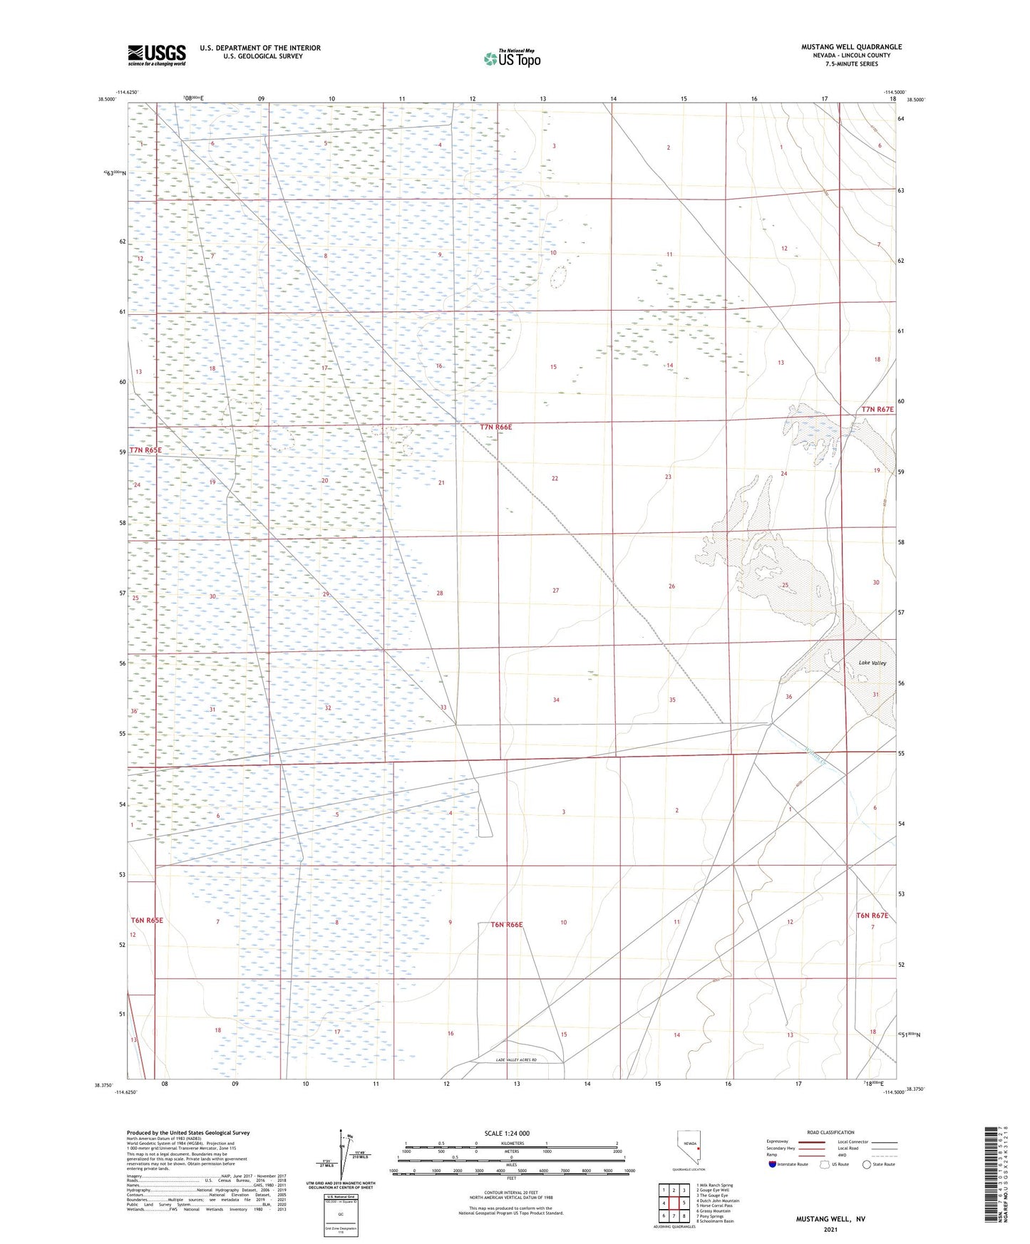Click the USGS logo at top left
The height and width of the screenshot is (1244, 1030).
[x=157, y=55]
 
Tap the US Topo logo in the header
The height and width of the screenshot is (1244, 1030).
[x=513, y=58]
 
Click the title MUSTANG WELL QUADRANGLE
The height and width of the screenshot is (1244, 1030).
[x=851, y=47]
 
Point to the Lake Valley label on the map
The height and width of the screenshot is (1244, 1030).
[x=872, y=663]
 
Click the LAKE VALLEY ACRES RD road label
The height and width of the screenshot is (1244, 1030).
[x=526, y=1061]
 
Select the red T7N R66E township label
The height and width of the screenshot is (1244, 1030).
[x=496, y=427]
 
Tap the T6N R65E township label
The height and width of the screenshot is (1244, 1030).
[x=147, y=921]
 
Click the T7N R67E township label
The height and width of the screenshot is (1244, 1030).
[x=877, y=410]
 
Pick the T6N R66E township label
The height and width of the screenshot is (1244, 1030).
[x=507, y=925]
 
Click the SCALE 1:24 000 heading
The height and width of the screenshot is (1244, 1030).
[x=507, y=1134]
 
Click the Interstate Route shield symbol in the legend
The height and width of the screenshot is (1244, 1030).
[x=773, y=1165]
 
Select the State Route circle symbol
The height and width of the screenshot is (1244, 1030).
[x=867, y=1165]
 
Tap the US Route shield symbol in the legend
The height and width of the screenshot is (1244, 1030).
[x=825, y=1165]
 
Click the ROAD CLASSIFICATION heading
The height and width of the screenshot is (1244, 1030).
[x=830, y=1133]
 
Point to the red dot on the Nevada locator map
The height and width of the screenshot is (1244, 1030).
[x=699, y=1149]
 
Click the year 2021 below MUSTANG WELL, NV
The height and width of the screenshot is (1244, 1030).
[x=830, y=1229]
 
